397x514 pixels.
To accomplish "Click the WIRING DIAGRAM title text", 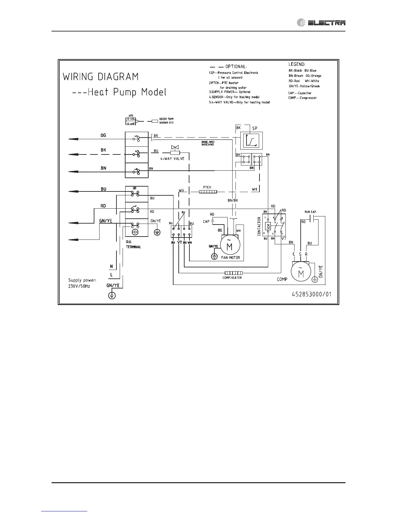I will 101,77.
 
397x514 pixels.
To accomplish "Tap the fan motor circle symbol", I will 229,245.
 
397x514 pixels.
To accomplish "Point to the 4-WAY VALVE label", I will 172,159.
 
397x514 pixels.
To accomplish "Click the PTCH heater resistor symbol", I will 208,192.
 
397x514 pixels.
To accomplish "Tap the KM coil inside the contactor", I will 268,226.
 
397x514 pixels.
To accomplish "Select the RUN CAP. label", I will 310,212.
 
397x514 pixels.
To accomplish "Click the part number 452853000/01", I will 311,294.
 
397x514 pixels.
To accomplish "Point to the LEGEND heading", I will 297,64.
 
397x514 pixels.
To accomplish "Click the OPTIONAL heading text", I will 236,67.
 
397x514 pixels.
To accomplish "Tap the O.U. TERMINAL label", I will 133,244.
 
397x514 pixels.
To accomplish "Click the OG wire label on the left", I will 103,135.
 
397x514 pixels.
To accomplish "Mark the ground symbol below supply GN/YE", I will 112,295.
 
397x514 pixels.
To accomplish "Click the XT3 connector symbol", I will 131,121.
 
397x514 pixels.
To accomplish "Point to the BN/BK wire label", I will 233,201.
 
